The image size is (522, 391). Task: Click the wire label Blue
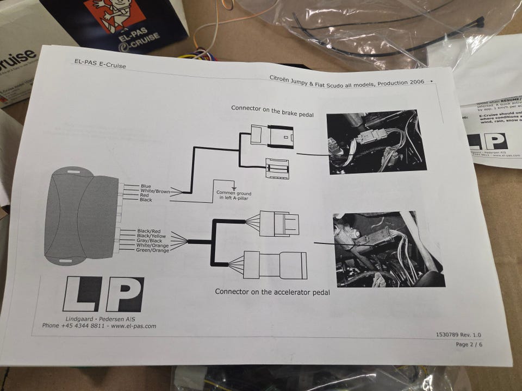click(146, 187)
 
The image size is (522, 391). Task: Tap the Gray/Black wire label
click(150, 241)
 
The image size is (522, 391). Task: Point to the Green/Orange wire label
click(152, 250)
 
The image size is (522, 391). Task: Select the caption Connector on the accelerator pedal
click(272, 292)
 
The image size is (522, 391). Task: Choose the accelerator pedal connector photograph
click(388, 249)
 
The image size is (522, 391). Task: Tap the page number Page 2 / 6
click(468, 344)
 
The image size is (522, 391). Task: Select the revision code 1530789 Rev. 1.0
click(458, 335)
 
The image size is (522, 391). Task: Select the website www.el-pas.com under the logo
click(134, 326)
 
